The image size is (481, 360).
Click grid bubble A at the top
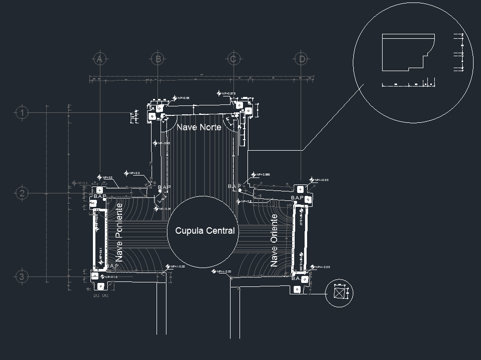pyautogui.click(x=99, y=59)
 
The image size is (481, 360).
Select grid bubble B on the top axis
pyautogui.click(x=158, y=59)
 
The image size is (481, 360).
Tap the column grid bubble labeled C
pyautogui.click(x=233, y=59)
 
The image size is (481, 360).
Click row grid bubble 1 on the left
pyautogui.click(x=22, y=113)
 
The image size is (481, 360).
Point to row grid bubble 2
pyautogui.click(x=22, y=193)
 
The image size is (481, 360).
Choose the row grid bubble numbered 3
pyautogui.click(x=22, y=276)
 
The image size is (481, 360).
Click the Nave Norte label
pyautogui.click(x=199, y=127)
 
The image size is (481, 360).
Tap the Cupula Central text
pyautogui.click(x=205, y=231)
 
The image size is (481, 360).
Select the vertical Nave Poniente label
pyautogui.click(x=119, y=232)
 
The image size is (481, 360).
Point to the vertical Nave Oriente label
pyautogui.click(x=274, y=241)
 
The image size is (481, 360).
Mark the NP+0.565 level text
pyautogui.click(x=263, y=175)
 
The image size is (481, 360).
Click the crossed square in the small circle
pyautogui.click(x=339, y=293)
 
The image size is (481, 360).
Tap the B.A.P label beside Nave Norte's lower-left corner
pyautogui.click(x=164, y=187)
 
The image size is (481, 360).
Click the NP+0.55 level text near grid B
pyautogui.click(x=183, y=98)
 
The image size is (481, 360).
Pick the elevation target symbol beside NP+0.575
pyautogui.click(x=219, y=93)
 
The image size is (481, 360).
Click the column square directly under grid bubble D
pyautogui.click(x=300, y=189)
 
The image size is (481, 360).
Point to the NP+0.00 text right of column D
pyautogui.click(x=321, y=180)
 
